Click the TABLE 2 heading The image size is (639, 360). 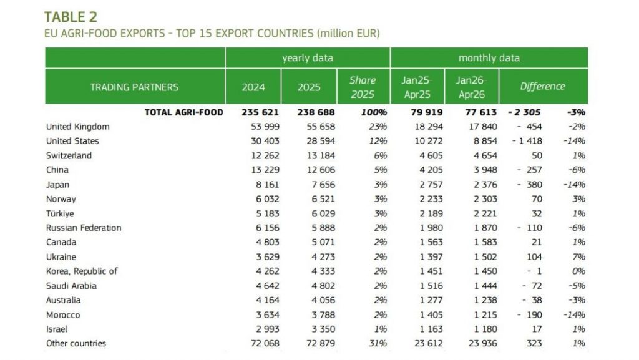coord(71,17)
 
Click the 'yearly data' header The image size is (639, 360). coord(308,58)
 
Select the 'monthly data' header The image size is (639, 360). coord(489,58)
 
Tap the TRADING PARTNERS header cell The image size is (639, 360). coord(135,87)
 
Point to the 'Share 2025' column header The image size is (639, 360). coord(363,87)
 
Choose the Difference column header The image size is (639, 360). coord(542,86)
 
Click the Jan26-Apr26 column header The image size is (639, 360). coord(472,87)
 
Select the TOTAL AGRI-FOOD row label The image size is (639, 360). coord(184,112)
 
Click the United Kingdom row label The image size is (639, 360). coord(78,127)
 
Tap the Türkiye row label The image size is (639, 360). coord(60,213)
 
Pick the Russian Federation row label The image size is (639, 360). coord(84,228)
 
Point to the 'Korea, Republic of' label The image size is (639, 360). coord(82,271)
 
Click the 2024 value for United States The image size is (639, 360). coord(265,141)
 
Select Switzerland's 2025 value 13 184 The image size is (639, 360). coord(321,155)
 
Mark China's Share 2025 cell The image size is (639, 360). coord(380,170)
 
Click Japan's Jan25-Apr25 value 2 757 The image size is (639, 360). coord(431,185)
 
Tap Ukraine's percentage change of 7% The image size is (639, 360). coord(578,257)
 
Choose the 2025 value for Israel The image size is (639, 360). coord(323,329)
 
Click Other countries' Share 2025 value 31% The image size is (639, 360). coord(378,343)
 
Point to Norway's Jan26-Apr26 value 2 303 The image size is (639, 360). coord(485,199)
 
